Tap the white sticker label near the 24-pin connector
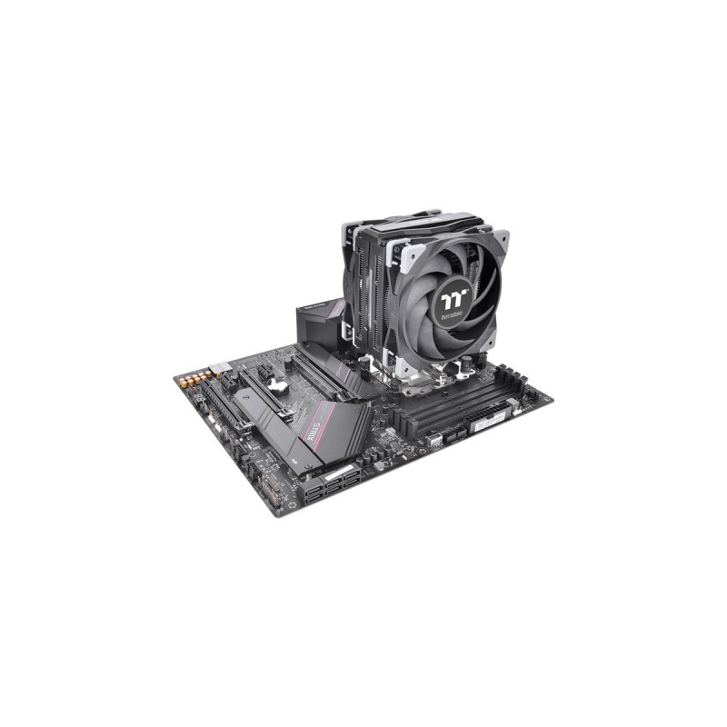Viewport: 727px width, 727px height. click(x=492, y=421)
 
